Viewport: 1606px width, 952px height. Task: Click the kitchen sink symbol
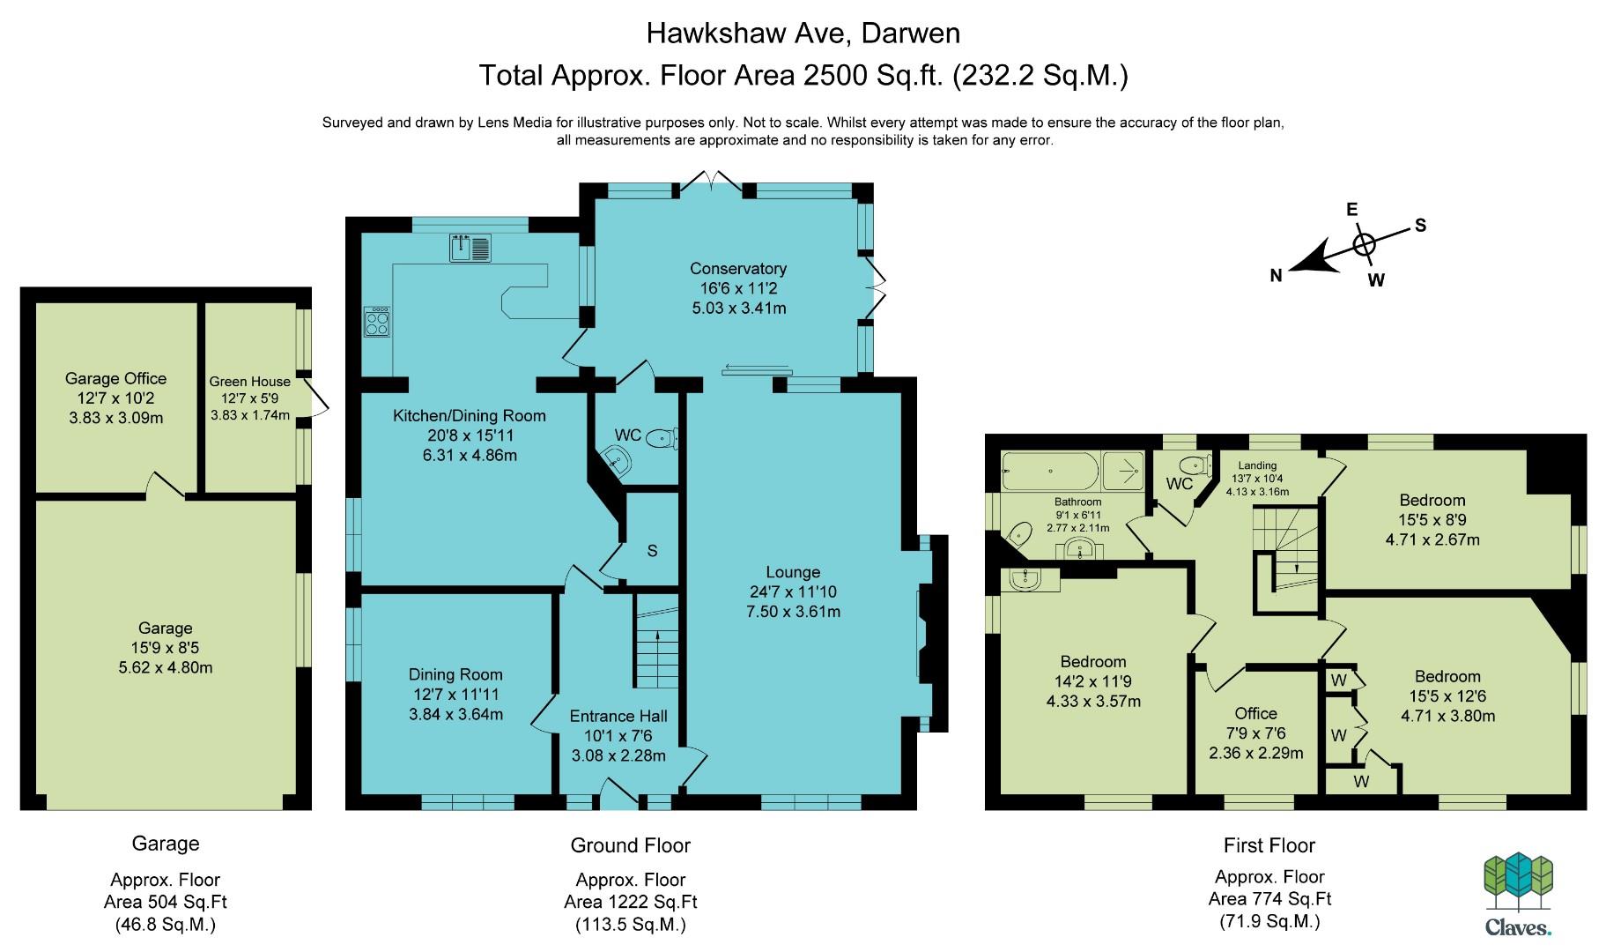tap(470, 248)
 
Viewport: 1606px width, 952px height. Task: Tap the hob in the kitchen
tap(377, 322)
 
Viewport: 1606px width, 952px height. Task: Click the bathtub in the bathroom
tap(1049, 471)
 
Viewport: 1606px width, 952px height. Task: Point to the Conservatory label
tap(738, 268)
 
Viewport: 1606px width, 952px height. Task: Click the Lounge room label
tap(793, 572)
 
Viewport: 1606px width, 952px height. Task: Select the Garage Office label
tap(115, 378)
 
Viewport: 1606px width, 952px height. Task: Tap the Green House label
tap(249, 382)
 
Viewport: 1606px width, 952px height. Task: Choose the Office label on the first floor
tap(1255, 713)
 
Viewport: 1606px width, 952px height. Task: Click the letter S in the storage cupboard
tap(652, 551)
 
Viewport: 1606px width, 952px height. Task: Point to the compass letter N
tap(1276, 276)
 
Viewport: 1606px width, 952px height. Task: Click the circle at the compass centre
tap(1363, 243)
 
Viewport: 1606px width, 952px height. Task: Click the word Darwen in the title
tap(910, 33)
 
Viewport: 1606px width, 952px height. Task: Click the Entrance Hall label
tap(618, 716)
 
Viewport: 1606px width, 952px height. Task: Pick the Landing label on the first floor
tap(1256, 465)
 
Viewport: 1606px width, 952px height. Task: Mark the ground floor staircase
tap(655, 641)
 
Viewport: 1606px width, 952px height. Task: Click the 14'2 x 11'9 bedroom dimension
tap(1093, 681)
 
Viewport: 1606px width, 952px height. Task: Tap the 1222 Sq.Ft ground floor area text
tap(631, 902)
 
